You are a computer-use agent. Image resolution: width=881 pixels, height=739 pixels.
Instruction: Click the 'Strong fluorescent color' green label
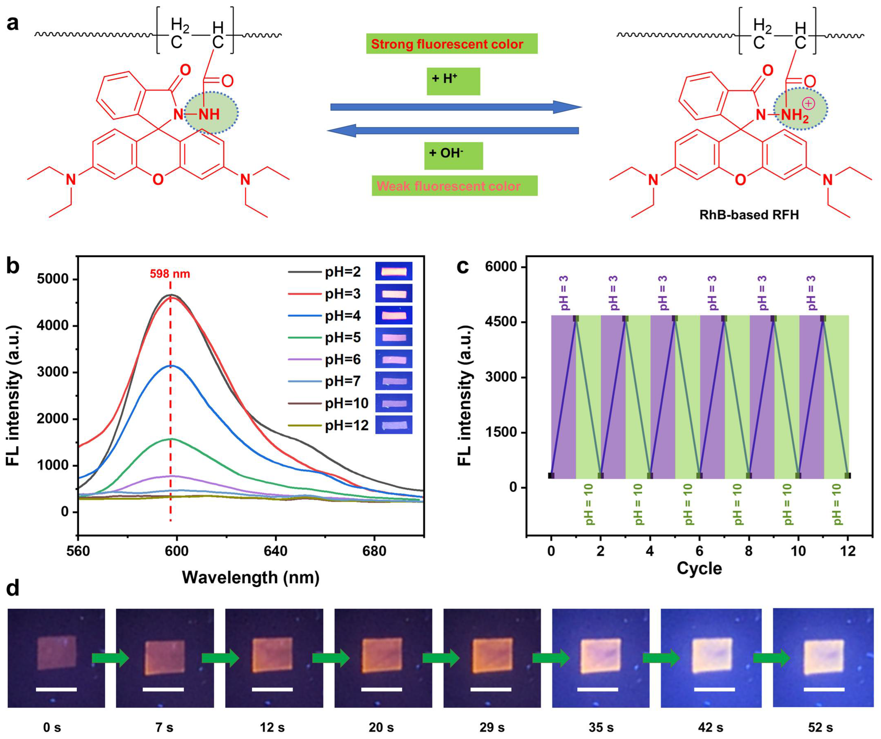(452, 44)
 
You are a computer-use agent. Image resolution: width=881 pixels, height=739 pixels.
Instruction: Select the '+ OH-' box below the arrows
(453, 155)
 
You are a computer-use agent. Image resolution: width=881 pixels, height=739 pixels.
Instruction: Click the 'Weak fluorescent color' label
(454, 186)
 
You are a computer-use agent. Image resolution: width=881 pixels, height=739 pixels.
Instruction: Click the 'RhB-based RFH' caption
(749, 215)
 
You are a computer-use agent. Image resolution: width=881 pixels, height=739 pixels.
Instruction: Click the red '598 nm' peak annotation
(170, 274)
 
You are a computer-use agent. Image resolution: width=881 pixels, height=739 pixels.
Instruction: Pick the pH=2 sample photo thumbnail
(394, 271)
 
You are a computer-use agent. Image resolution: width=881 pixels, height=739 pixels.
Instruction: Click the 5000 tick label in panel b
(53, 279)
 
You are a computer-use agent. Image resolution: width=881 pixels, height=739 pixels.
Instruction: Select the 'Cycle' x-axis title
(699, 568)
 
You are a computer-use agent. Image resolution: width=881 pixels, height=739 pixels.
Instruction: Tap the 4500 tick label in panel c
(501, 322)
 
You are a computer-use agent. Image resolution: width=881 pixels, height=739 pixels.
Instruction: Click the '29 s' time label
(492, 727)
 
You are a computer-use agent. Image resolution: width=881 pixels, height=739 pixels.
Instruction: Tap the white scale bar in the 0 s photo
(56, 689)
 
